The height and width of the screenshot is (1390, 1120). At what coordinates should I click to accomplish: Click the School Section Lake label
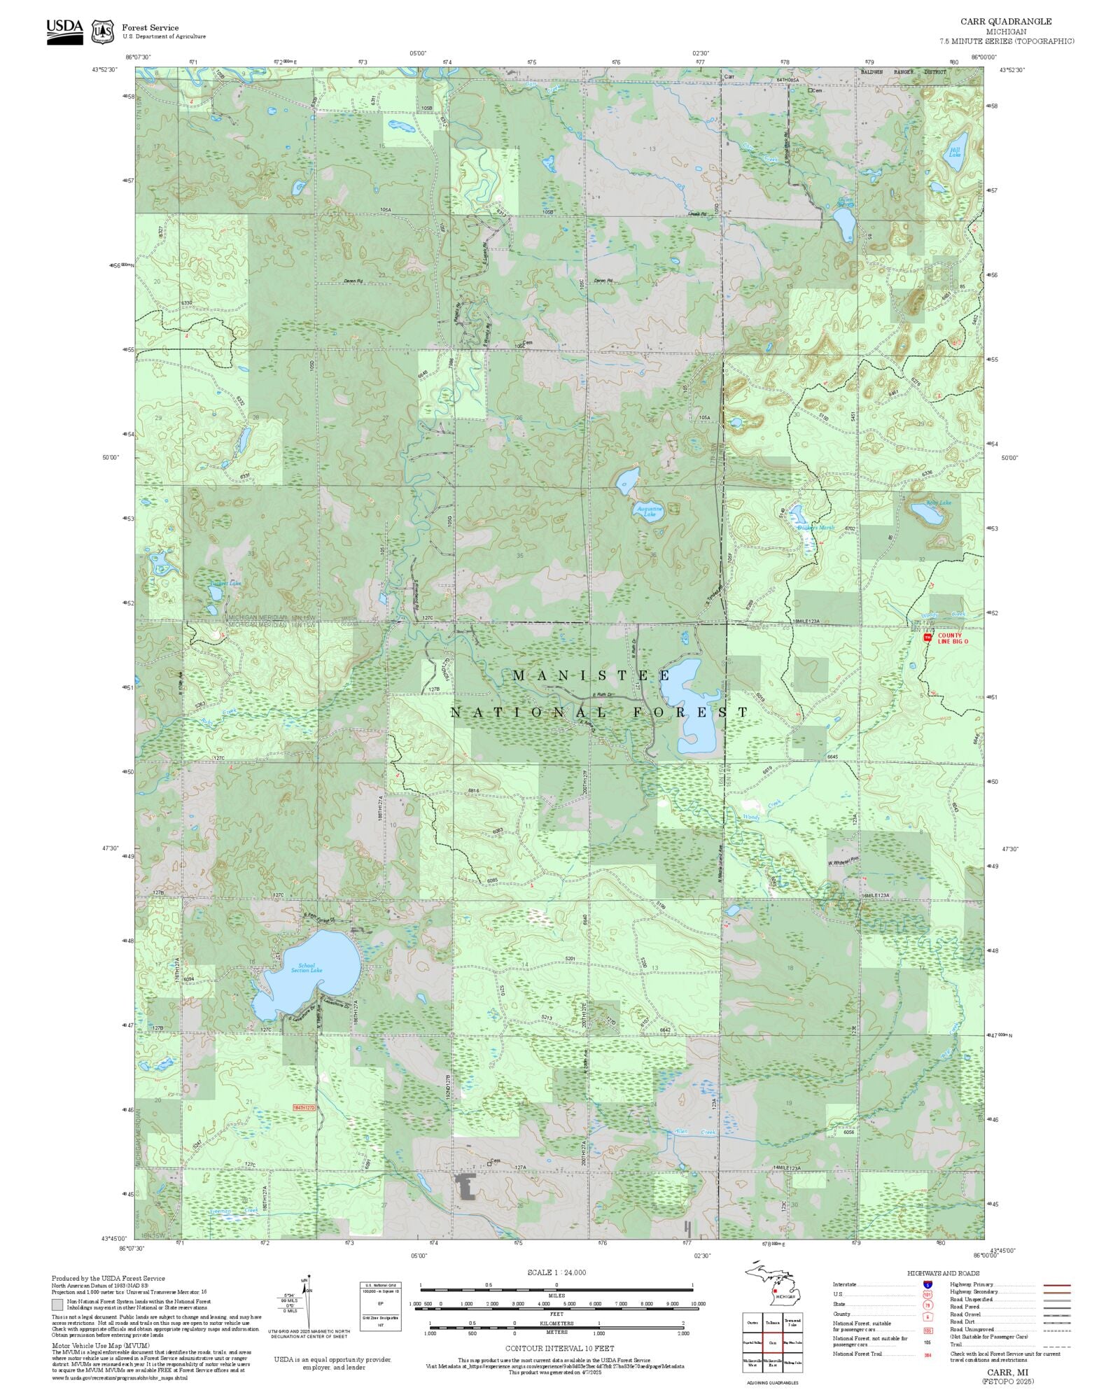pyautogui.click(x=307, y=968)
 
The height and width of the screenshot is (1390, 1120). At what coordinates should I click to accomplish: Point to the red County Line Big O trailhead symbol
pyautogui.click(x=928, y=638)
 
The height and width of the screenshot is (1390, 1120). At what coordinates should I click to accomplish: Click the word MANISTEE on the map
pyautogui.click(x=592, y=676)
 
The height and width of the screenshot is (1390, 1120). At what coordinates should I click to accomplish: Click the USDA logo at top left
pyautogui.click(x=64, y=31)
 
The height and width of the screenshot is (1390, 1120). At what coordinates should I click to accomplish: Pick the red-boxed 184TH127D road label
pyautogui.click(x=304, y=1108)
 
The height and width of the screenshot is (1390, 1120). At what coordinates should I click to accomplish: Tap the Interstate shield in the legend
pyautogui.click(x=928, y=1285)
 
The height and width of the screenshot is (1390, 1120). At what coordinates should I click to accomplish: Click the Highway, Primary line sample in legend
pyautogui.click(x=1056, y=1285)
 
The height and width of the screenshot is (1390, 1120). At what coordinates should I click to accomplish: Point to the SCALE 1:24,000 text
pyautogui.click(x=556, y=1272)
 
